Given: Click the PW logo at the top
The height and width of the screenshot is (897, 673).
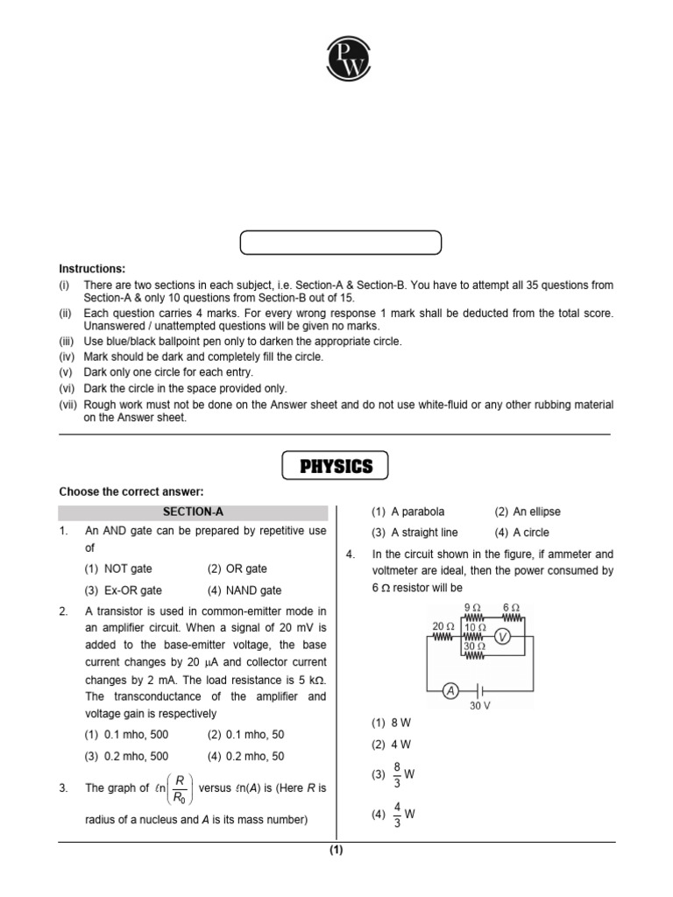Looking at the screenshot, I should [336, 59].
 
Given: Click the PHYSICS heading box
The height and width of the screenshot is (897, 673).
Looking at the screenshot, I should [336, 466].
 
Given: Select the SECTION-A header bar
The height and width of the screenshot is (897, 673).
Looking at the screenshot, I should [193, 512].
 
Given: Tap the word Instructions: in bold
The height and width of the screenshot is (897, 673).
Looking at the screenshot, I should [92, 268].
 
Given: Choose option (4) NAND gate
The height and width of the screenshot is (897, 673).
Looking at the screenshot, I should [244, 590].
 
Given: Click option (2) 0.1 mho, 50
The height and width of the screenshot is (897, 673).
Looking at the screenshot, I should [245, 734].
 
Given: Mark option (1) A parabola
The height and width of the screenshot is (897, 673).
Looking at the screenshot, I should [407, 512].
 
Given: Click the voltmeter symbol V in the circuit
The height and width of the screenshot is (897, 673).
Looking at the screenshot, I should [501, 638].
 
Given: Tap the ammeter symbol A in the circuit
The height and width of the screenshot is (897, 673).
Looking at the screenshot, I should [450, 691].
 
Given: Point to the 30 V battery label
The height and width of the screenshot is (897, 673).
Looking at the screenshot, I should [479, 705].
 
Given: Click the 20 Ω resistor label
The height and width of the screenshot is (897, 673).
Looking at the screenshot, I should [443, 625].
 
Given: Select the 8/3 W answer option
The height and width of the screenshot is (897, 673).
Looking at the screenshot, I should [393, 774].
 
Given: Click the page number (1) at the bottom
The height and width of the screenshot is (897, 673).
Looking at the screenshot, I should [336, 851].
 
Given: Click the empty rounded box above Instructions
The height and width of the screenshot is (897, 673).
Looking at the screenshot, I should [342, 243].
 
